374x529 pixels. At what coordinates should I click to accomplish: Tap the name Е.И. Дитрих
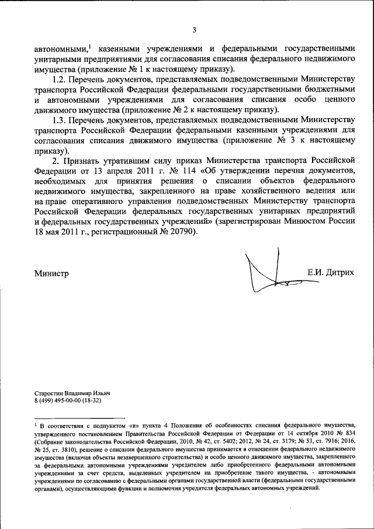[x=330, y=272]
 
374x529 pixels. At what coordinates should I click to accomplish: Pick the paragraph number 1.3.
[x=61, y=120]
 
